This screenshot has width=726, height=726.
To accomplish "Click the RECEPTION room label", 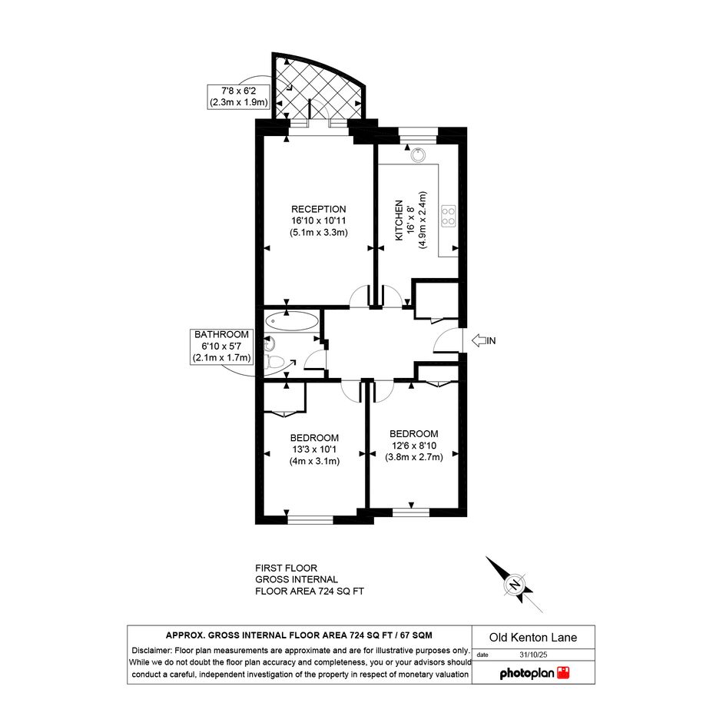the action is [x=319, y=209].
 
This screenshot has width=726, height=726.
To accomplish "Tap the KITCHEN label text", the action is [x=399, y=220].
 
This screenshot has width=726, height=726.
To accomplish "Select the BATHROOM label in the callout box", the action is [x=221, y=334].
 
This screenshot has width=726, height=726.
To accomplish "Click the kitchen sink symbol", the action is [x=418, y=155].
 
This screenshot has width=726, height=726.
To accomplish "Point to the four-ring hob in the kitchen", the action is [x=448, y=216].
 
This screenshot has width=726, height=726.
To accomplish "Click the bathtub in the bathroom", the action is [x=292, y=321].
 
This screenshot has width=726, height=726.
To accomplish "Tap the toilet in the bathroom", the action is [x=274, y=362].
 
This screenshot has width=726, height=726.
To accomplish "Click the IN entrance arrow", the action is [x=479, y=341].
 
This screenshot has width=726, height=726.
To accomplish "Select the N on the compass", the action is [x=515, y=585].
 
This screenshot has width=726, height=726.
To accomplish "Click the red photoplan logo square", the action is [x=563, y=673].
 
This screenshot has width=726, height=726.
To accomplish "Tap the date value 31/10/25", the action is [x=533, y=655].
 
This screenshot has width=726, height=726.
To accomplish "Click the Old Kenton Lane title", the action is [x=533, y=638].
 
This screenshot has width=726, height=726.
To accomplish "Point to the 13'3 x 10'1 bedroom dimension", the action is [x=314, y=449].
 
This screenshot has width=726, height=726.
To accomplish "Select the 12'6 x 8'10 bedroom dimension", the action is [x=414, y=446].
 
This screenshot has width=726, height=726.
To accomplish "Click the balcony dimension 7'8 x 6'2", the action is [x=238, y=91].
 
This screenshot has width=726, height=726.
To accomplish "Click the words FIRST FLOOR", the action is [x=286, y=568].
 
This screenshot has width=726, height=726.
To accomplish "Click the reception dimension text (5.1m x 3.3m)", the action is [x=319, y=233].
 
